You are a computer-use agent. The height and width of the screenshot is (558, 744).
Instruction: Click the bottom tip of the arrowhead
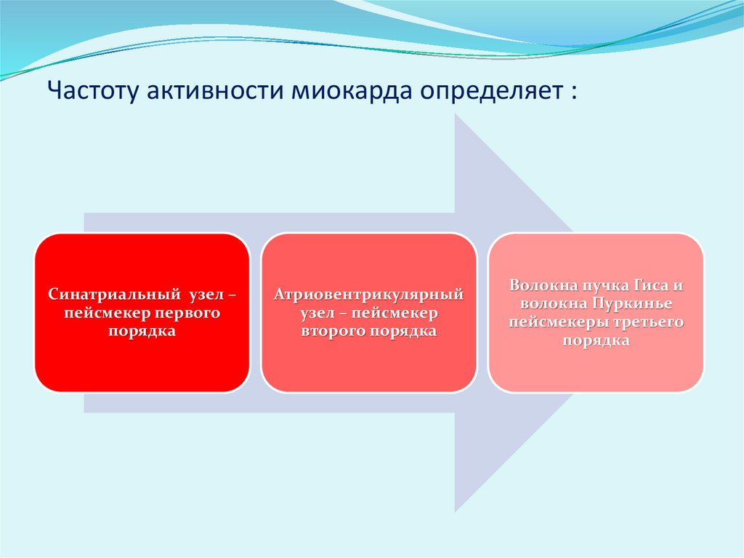456,511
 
